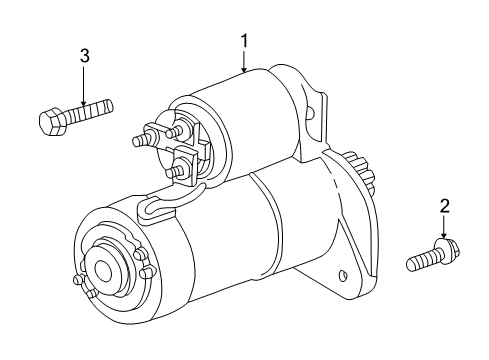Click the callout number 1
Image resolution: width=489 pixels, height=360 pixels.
pos(244,40)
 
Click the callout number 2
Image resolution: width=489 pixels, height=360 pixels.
pos(443,207)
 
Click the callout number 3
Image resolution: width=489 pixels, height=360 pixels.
pos(84,56)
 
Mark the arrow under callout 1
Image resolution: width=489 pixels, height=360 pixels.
pos(244,64)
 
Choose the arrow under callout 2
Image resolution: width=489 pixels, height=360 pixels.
pos(443,231)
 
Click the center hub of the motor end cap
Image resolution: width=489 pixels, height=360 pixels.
pos(102,271)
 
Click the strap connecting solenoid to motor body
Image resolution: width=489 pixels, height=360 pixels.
pos(160,207)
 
